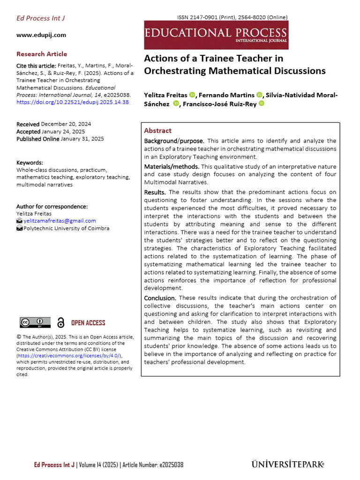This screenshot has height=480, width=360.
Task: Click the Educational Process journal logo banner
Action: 216,35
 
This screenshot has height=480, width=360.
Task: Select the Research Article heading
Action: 42,54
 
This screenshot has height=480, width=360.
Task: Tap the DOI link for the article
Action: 73,102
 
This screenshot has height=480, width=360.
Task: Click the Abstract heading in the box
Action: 157,131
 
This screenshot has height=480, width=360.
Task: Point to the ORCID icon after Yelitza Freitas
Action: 192,95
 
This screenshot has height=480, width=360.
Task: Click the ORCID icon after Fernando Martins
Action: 260,95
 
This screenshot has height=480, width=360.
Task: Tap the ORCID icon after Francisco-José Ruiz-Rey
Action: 261,104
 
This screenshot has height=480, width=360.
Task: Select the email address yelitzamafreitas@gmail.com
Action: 60,221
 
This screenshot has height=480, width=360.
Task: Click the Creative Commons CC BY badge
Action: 35,322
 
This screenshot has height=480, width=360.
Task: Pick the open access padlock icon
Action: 60,322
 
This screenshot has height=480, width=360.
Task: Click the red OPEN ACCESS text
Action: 88,323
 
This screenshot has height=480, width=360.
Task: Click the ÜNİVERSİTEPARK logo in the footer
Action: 287,465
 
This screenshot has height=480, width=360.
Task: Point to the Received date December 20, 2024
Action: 66,124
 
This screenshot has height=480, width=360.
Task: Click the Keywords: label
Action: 30,163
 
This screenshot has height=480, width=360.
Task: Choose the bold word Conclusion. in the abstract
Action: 160,298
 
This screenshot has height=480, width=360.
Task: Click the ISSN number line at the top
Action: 232,17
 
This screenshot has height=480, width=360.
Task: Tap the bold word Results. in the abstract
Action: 155,192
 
